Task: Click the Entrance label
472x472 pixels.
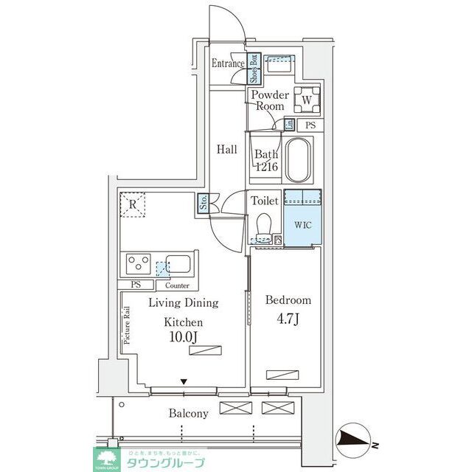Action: [x=228, y=63]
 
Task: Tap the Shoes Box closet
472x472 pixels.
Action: [x=252, y=68]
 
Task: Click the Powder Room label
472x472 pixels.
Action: [x=270, y=100]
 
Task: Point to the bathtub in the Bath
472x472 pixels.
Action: [x=298, y=160]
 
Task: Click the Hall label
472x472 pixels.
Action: [x=227, y=149]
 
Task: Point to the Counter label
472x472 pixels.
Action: [x=177, y=285]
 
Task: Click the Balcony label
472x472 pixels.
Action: [x=188, y=414]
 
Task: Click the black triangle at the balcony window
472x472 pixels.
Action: [x=184, y=381]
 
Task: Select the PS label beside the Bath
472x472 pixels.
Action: [x=310, y=125]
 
